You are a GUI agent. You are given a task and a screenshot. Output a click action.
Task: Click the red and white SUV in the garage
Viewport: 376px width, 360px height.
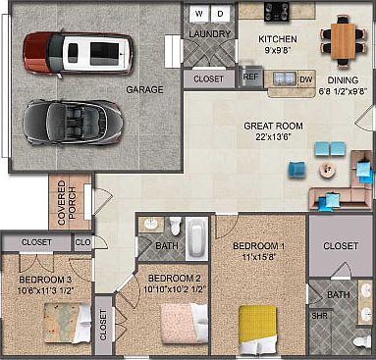coord(78,53)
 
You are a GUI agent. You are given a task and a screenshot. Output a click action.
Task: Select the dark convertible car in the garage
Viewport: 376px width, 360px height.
coord(74,123)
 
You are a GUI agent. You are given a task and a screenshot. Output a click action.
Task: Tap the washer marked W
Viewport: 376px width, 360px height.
coord(199,14)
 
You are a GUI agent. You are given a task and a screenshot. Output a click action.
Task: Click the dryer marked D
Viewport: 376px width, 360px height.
coord(220,14)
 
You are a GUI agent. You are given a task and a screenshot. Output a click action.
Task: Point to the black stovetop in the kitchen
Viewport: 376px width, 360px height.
coord(277,12)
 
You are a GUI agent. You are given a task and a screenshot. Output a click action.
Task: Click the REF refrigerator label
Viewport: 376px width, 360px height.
coord(250,77)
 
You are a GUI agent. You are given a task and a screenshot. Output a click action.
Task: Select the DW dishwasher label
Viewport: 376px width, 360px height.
coord(305,79)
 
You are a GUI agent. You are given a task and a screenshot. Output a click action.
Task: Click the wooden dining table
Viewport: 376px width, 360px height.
coord(343,41)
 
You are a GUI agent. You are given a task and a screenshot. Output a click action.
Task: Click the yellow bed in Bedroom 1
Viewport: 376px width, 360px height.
coord(258,330)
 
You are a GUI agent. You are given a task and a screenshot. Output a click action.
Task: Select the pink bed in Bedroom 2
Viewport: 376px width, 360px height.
coord(185,323)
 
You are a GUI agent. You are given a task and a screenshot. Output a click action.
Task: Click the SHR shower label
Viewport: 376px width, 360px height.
coord(319,316)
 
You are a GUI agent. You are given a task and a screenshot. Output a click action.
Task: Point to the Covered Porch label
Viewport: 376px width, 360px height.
coord(67,203)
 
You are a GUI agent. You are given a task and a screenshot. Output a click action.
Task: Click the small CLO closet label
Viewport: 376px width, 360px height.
coord(82,242)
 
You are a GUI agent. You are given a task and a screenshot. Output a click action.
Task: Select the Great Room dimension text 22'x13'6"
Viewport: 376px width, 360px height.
coord(273,136)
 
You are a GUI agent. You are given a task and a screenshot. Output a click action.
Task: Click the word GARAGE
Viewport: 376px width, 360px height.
coord(144,89)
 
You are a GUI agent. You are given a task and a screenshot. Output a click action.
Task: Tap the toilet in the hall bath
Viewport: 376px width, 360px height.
coord(175,226)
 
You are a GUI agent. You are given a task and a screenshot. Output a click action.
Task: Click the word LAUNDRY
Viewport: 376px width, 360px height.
coord(210,34)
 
